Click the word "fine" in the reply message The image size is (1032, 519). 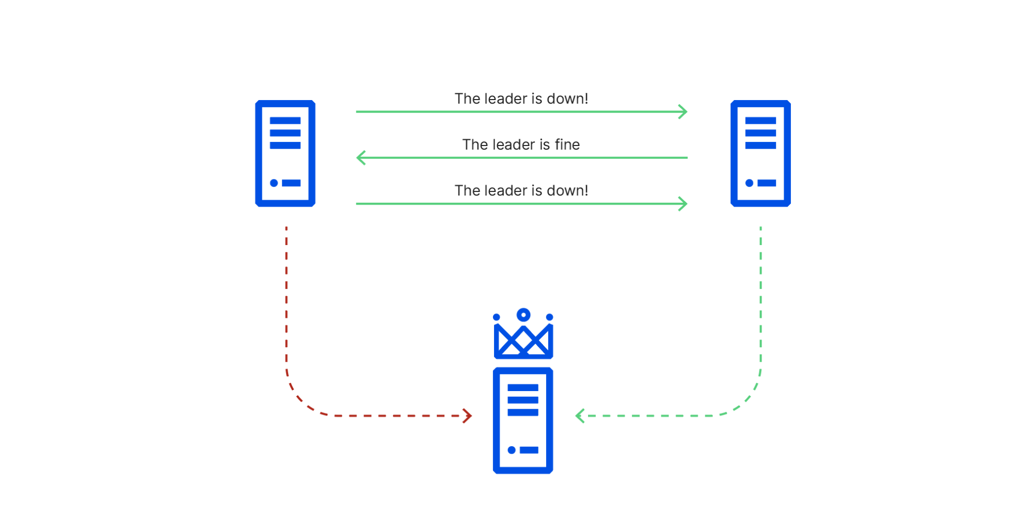coord(567,144)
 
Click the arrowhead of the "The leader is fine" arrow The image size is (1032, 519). coord(361,157)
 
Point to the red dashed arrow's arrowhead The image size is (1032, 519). coord(467,416)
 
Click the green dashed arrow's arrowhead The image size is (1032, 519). coord(580,416)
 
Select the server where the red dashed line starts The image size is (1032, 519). coord(285,154)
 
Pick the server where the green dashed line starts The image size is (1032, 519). coord(760,154)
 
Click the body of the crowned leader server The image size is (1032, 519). coord(523,420)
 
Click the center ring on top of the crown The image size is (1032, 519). coord(523,315)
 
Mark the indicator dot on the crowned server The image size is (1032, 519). coord(512,450)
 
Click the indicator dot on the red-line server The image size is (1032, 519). coord(274,183)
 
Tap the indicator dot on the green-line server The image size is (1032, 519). coord(749,183)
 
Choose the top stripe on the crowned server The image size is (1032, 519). coord(523,387)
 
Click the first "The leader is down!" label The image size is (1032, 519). coord(521,99)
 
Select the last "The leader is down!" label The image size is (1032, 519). coord(521,190)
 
